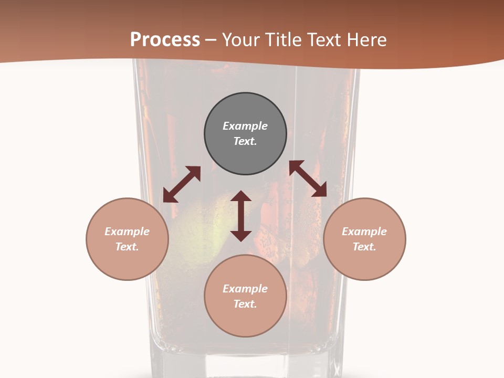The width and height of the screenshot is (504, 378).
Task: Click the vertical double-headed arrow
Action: click(241, 216)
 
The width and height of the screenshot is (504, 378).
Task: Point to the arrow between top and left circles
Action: click(182, 184)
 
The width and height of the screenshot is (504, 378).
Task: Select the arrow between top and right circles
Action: click(308, 178)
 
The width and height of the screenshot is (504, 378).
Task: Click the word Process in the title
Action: click(165, 40)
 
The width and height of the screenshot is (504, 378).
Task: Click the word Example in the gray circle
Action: click(245, 126)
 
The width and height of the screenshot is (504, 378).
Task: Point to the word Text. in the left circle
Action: click(127, 247)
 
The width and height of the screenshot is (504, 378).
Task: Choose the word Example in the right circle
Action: click(364, 232)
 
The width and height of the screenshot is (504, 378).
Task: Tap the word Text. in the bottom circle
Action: click(245, 304)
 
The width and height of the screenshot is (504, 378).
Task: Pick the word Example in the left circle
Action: click(127, 232)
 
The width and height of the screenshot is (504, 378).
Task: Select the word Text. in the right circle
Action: click(364, 247)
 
